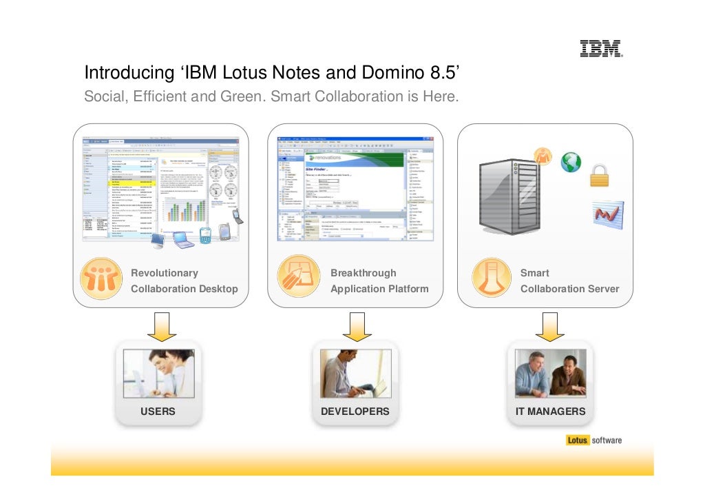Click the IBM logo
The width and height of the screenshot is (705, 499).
coord(600,48)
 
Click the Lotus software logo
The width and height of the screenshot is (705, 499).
coord(593,440)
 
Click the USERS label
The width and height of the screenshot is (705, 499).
coord(158,411)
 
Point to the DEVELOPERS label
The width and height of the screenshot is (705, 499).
coord(355,411)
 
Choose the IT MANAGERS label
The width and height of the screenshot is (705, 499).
coord(550,411)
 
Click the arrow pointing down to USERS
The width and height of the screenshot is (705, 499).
coord(161,325)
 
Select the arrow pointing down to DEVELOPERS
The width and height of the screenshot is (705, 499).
coord(356,325)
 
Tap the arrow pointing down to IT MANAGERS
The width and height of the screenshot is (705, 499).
coord(550,325)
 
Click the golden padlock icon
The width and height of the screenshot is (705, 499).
coord(600,176)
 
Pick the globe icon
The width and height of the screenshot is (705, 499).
coord(571,162)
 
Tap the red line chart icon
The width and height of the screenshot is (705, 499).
coord(607,214)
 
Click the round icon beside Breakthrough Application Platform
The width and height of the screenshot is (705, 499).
coord(297,280)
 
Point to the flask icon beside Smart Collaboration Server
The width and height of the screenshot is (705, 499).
coord(492,280)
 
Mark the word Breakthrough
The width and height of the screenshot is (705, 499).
coord(363,273)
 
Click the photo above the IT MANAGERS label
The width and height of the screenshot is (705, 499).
coord(550,373)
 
